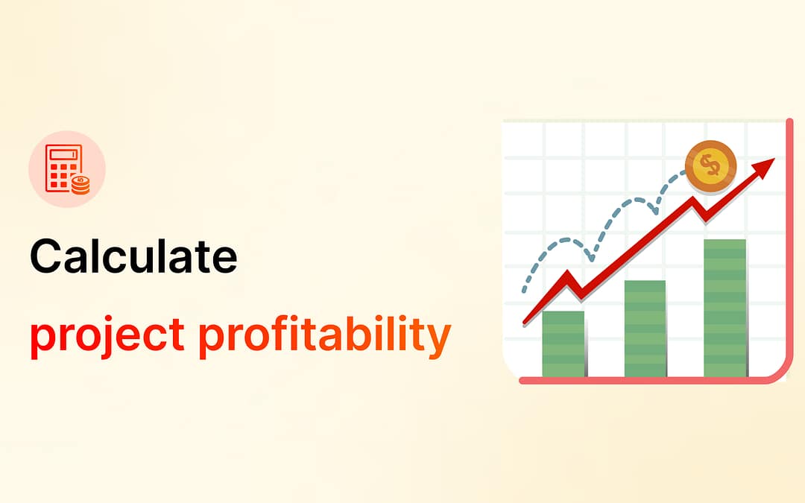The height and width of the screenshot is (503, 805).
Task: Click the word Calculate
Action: [x=133, y=256]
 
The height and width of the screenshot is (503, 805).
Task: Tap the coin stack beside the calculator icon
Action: [x=80, y=185]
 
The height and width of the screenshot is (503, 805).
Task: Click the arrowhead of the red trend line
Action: [x=765, y=165]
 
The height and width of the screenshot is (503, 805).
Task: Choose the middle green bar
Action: [x=645, y=328]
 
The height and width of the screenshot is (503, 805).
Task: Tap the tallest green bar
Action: [x=724, y=307]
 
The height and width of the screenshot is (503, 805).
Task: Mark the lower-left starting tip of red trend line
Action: [x=525, y=323]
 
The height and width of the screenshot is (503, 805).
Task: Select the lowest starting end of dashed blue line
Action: [x=525, y=292]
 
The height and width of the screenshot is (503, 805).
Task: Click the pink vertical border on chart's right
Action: [x=789, y=246]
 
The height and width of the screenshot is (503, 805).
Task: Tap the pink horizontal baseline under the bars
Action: [x=648, y=381]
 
